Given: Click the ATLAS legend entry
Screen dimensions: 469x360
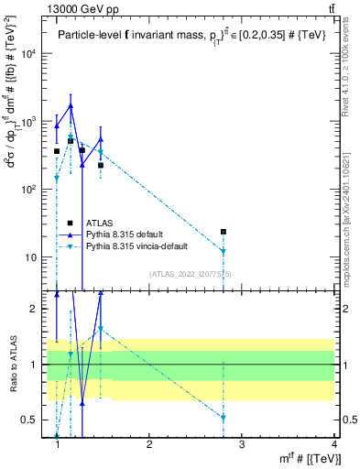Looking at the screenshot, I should pyautogui.click(x=101, y=223).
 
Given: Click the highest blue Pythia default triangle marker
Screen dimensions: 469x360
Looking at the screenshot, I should pyautogui.click(x=71, y=106).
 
